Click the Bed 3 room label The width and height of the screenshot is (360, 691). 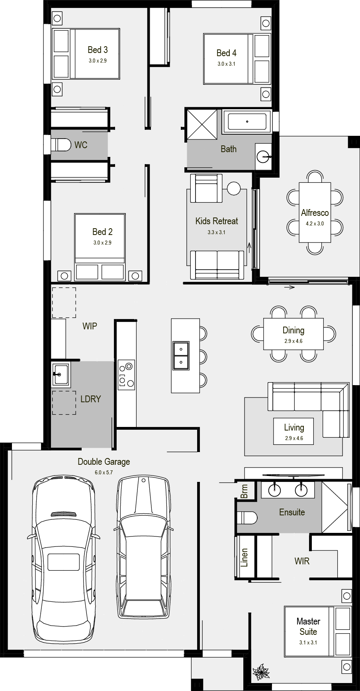(x=98, y=50)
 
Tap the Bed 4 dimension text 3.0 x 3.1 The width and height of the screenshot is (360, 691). (x=226, y=64)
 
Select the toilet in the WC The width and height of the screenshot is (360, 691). (x=60, y=145)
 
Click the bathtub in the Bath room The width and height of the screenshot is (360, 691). (x=247, y=121)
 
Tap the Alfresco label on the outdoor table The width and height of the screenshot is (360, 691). (x=315, y=213)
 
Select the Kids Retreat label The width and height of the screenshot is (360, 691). (x=217, y=221)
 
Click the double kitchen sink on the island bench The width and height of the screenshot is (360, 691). (x=181, y=355)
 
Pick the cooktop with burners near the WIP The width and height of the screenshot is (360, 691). (x=126, y=375)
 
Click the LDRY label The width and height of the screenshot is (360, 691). (x=91, y=399)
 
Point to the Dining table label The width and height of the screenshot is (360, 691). (x=293, y=330)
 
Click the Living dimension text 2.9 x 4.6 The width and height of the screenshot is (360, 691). (x=294, y=438)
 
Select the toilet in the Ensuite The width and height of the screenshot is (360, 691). (x=247, y=518)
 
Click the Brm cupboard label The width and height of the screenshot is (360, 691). (x=244, y=491)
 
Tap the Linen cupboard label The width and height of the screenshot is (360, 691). (x=244, y=558)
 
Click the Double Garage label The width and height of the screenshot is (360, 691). (x=104, y=462)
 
